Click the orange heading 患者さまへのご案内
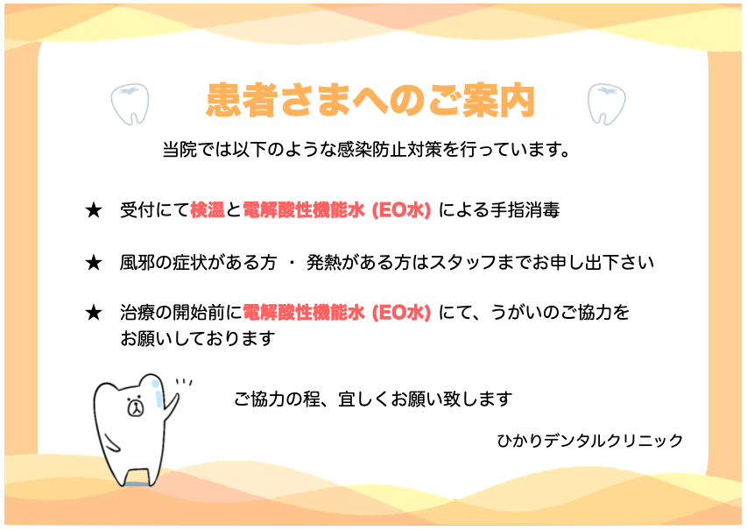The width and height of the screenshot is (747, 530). [x=370, y=100]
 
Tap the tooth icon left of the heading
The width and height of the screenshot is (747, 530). [x=130, y=104]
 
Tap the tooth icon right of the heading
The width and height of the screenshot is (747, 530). [x=606, y=104]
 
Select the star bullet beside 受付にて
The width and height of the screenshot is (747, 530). [x=94, y=210]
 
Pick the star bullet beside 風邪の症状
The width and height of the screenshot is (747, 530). [x=94, y=263]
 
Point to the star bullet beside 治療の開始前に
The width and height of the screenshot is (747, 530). [x=94, y=313]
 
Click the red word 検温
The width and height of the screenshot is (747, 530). [x=208, y=209]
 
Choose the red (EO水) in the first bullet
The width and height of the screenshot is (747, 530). [x=401, y=209]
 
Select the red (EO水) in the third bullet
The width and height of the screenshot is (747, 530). [x=401, y=313]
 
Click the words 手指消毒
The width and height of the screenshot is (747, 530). [x=525, y=209]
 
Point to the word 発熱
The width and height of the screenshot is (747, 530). [x=323, y=263]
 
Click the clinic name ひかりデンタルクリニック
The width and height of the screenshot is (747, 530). [x=589, y=441]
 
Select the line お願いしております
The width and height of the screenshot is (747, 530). [x=198, y=338]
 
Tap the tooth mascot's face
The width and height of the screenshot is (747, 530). [x=135, y=406]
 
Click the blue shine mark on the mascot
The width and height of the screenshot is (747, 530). [x=158, y=393]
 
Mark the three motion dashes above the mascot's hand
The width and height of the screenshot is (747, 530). [x=184, y=382]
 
